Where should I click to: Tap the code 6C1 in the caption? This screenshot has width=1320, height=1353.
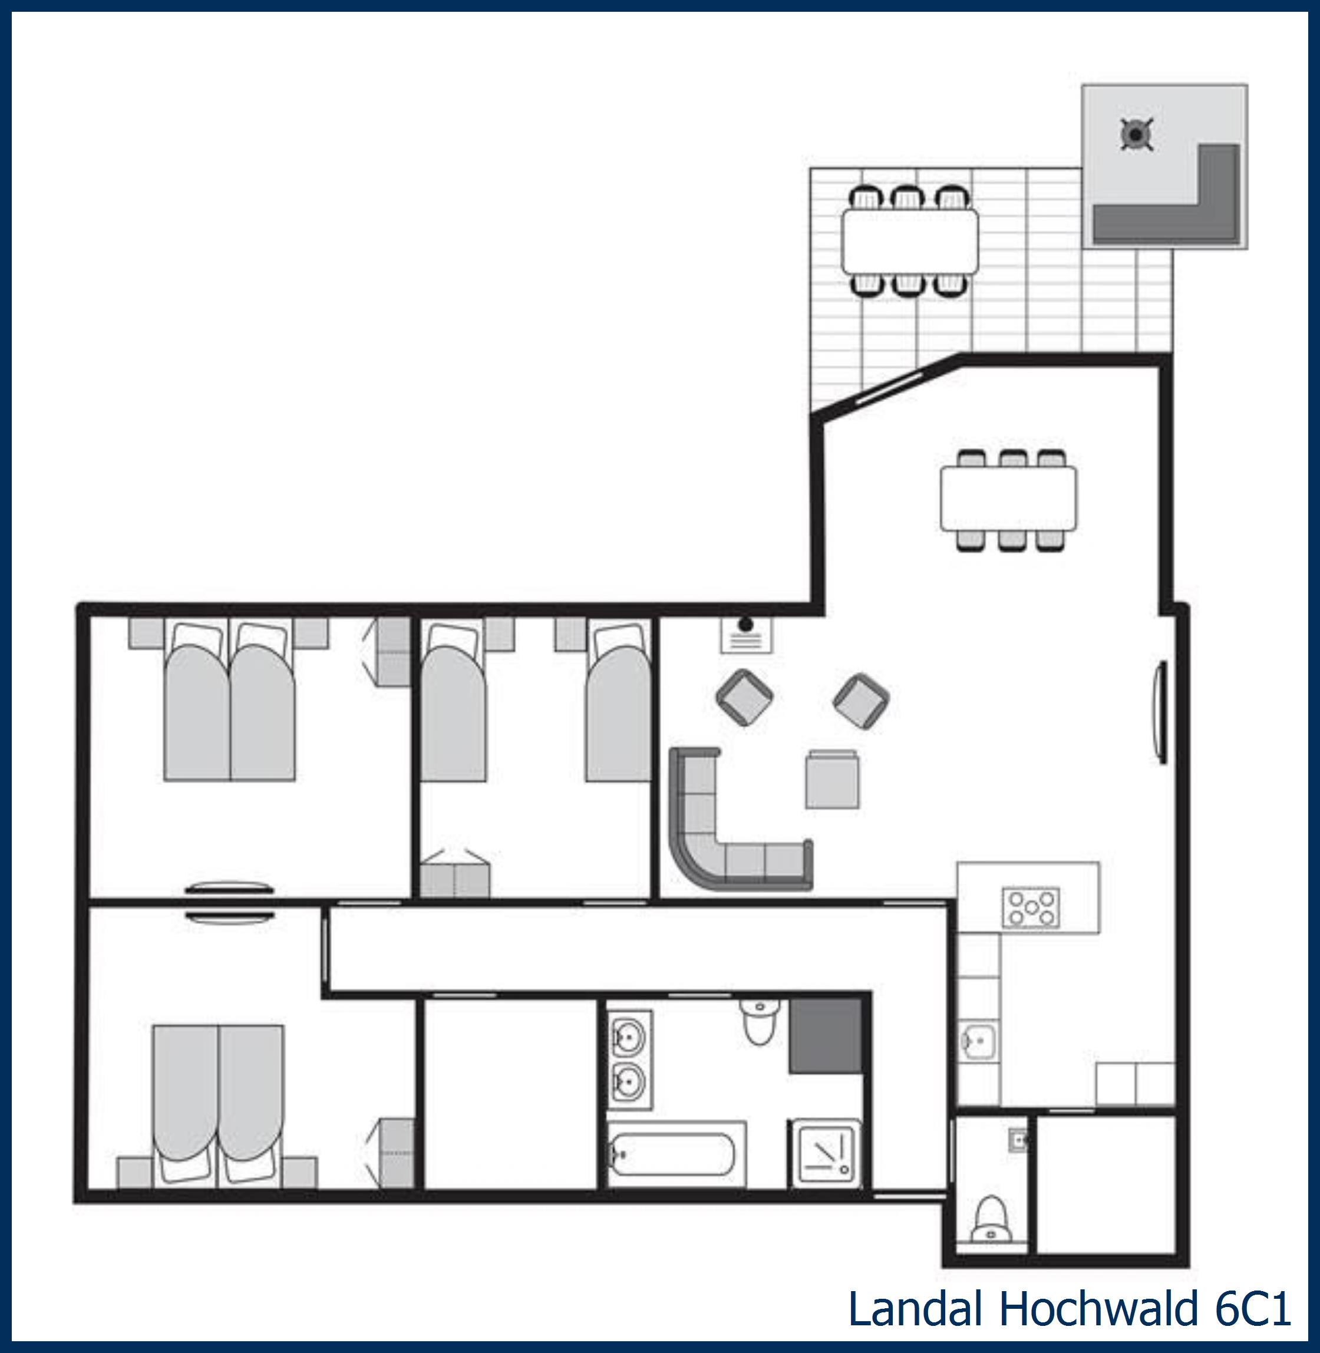point(1252,1309)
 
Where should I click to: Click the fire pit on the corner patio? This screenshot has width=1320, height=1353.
point(1137,134)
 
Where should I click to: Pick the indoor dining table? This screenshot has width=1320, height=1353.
point(1008,499)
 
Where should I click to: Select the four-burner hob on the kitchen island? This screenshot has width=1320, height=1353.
point(1031,907)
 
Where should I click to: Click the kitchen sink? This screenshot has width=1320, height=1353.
point(979,1041)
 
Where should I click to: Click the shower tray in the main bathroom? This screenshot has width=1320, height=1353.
point(826,1153)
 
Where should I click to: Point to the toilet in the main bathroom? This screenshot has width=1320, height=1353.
point(760,1021)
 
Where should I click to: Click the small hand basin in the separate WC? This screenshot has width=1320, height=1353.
point(1017,1140)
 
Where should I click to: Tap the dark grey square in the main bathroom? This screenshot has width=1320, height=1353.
point(826,1035)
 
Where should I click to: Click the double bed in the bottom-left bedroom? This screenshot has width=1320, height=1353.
point(219,1101)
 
